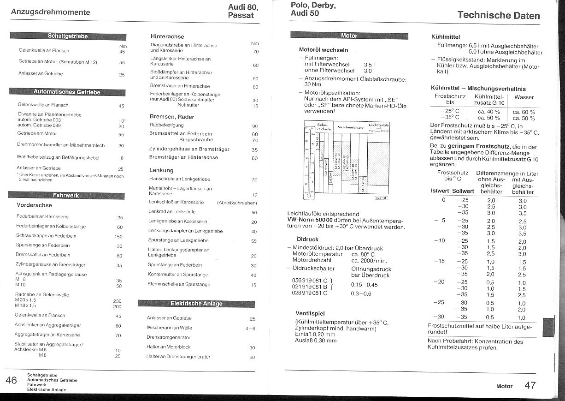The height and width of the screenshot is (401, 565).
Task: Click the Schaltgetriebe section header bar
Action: point(67,36)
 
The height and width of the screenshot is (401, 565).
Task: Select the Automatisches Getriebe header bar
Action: point(67,92)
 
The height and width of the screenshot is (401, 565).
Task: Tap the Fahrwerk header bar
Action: point(66,195)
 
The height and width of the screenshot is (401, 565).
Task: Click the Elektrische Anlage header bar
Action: point(196,303)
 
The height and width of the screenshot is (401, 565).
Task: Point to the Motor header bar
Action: point(349,36)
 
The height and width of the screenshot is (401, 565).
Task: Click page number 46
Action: point(11,380)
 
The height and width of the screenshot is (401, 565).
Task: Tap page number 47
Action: point(530,385)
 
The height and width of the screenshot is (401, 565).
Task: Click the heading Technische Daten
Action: point(498,15)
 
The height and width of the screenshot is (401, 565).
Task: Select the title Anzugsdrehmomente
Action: point(51,12)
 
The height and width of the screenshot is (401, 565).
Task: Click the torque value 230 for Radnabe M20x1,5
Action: point(117,301)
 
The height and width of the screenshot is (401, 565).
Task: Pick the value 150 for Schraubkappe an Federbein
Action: point(118,237)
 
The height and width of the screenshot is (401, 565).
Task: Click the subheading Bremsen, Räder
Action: point(172,117)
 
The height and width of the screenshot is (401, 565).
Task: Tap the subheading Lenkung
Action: point(161,170)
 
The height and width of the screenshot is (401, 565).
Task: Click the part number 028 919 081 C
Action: point(310,293)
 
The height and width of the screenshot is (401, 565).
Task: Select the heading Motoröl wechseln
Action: point(324,50)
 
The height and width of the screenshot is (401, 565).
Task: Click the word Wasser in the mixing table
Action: point(524,97)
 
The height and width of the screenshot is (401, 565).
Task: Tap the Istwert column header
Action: point(440,191)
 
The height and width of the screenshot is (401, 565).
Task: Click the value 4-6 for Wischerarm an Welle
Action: point(250,328)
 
